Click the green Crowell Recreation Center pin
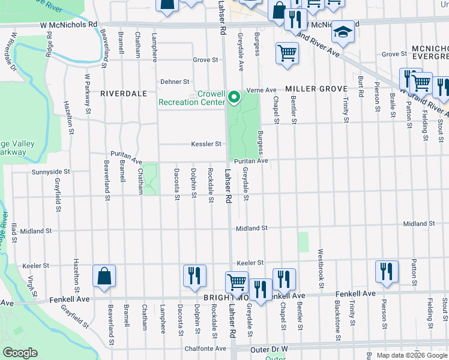(x=234, y=96)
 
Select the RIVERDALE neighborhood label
(x=123, y=94)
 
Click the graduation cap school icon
(x=343, y=32)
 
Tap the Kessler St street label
(x=206, y=144)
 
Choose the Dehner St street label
(x=175, y=82)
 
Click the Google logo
(x=19, y=353)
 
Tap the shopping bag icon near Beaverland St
(x=104, y=277)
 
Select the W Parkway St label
(x=88, y=94)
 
